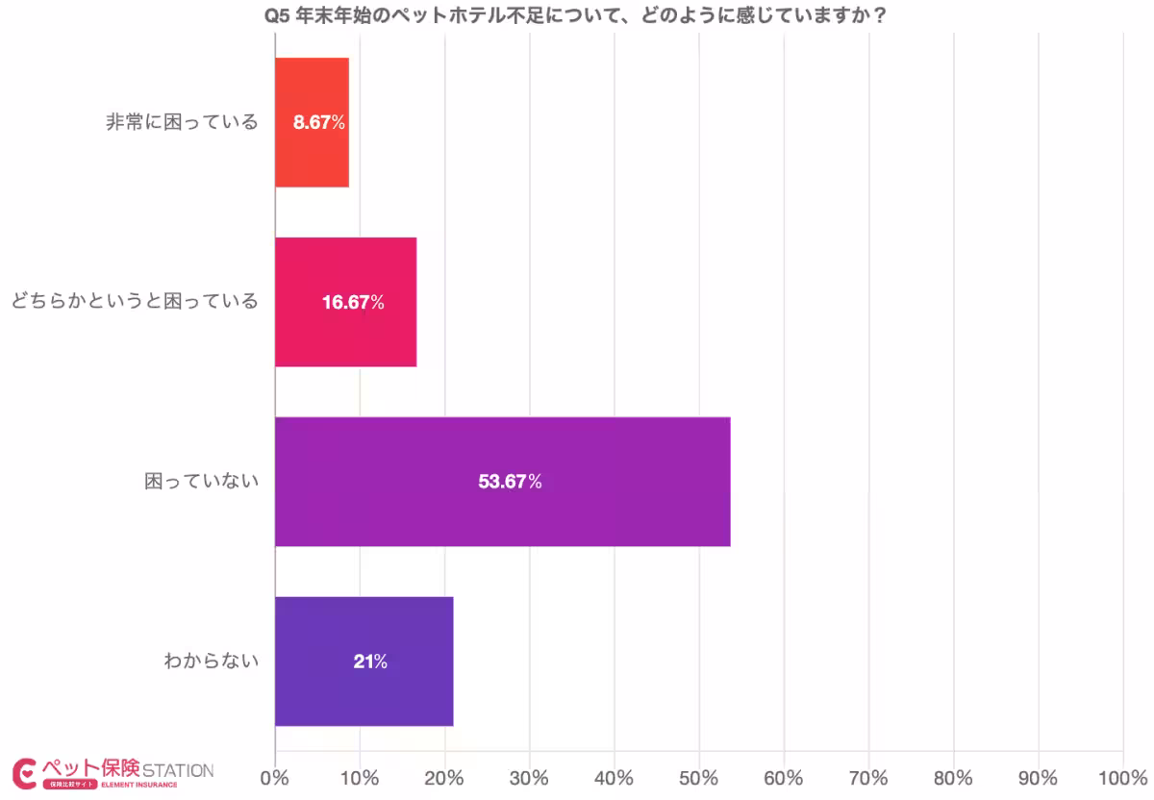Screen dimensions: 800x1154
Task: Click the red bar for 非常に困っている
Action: (x=312, y=122)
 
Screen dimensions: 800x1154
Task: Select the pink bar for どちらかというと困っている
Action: (x=345, y=302)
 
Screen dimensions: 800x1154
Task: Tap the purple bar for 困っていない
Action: (x=502, y=482)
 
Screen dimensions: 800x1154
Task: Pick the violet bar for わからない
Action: (x=364, y=662)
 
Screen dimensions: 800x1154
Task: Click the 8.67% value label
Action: (x=319, y=123)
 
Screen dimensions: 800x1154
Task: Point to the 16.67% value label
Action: (x=353, y=303)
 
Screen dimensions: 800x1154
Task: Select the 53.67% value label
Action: (x=510, y=482)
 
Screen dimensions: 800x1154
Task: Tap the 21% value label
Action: (x=369, y=662)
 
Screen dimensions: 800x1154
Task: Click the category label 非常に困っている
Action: (x=183, y=123)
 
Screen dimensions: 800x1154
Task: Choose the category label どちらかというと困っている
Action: (x=135, y=303)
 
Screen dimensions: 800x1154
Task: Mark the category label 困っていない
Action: (x=202, y=482)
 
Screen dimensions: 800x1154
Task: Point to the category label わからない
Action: (x=212, y=662)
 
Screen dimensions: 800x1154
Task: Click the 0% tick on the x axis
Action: (x=275, y=777)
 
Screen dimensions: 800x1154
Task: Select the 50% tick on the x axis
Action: (x=699, y=777)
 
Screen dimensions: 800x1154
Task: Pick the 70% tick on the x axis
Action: (x=868, y=777)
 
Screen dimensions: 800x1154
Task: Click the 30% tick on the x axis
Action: (x=529, y=777)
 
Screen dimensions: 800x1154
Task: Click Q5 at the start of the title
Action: (x=278, y=15)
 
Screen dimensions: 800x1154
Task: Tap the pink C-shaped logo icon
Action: (x=25, y=772)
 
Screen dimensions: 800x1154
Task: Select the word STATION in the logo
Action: (x=178, y=770)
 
